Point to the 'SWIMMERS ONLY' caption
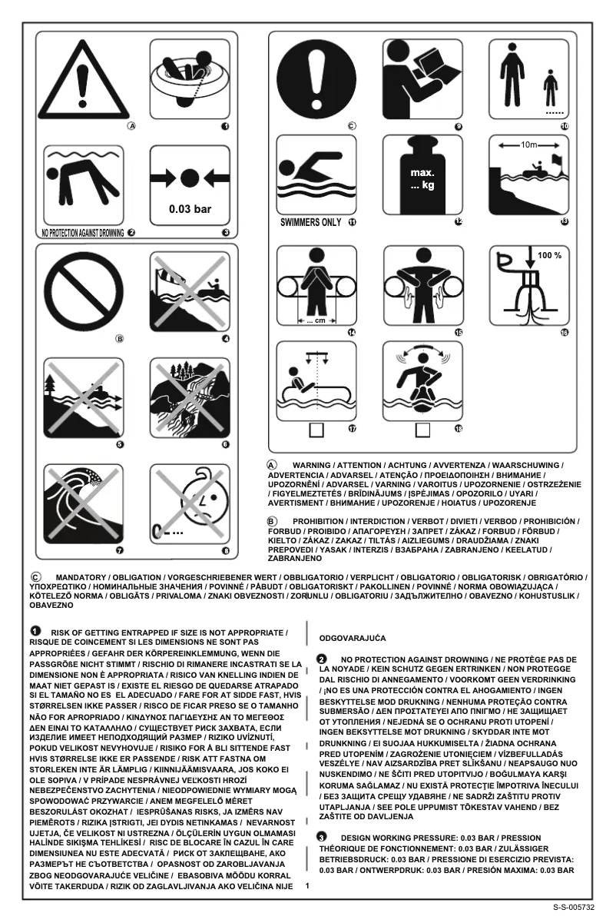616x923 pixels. [x=311, y=223]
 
